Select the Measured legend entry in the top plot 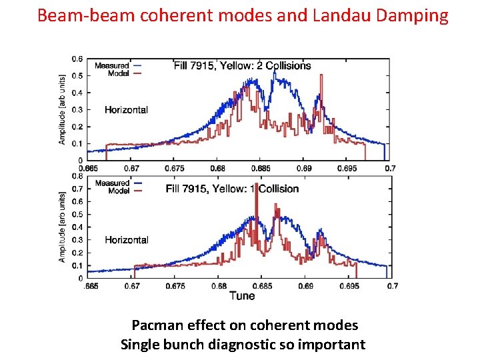(x=112, y=65)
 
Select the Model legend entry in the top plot (x=118, y=73)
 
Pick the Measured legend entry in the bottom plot (x=112, y=183)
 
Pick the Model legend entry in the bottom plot (x=118, y=190)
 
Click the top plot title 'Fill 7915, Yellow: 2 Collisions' (x=242, y=66)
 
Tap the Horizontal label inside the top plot (x=126, y=109)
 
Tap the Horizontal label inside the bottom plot (x=126, y=239)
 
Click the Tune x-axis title (x=242, y=295)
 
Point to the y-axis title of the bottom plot (x=63, y=227)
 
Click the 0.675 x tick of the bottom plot (x=175, y=287)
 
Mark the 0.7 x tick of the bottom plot (x=393, y=287)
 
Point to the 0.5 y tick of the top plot (x=79, y=76)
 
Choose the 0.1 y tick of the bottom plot (x=79, y=265)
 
